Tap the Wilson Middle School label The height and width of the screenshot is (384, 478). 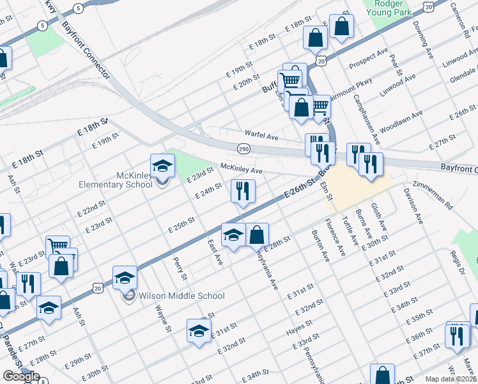[x=181, y=296]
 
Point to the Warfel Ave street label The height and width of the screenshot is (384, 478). [x=261, y=136]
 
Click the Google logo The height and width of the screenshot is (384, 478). [x=21, y=376]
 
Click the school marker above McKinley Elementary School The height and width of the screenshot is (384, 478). [x=162, y=166]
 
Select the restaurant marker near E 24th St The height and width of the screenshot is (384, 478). [x=242, y=191]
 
